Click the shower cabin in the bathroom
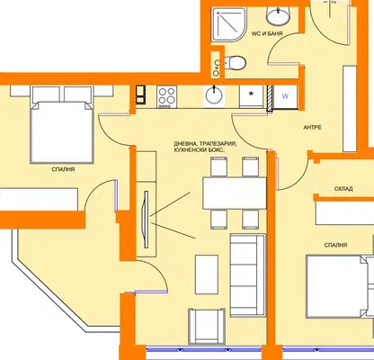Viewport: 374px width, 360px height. click(x=229, y=24)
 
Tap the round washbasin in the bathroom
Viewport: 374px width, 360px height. click(x=278, y=16)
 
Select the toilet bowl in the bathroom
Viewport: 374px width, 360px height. click(x=235, y=63)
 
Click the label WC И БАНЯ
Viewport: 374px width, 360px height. click(x=267, y=33)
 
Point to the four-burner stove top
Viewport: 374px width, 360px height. click(x=166, y=96)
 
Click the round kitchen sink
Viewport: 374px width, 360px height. click(x=214, y=96)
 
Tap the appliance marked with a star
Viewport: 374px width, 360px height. click(x=251, y=96)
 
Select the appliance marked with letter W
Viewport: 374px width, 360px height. click(x=286, y=96)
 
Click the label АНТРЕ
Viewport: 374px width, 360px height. click(x=312, y=127)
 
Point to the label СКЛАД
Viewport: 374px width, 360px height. click(x=343, y=189)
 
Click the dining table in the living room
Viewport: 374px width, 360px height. click(x=235, y=193)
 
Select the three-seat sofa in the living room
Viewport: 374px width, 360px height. click(x=247, y=275)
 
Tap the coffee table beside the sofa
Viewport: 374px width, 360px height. click(x=207, y=274)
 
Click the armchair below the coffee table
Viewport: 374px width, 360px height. click(x=207, y=326)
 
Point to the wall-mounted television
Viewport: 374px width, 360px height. click(x=147, y=220)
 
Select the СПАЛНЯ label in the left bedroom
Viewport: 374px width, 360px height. click(x=63, y=169)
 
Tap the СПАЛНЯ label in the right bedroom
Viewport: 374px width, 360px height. click(x=335, y=245)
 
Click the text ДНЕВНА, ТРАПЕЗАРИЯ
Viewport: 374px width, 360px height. click(x=205, y=144)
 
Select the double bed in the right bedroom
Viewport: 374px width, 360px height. click(x=340, y=286)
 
